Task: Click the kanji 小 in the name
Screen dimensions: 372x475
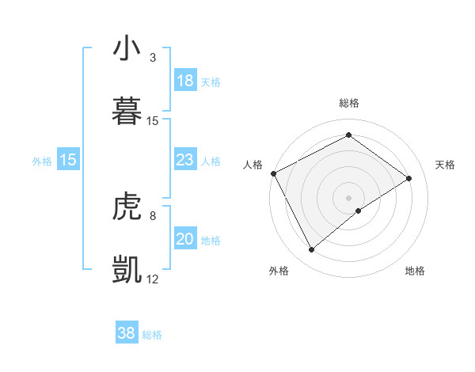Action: pyautogui.click(x=127, y=50)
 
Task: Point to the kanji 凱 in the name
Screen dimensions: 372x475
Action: pyautogui.click(x=127, y=270)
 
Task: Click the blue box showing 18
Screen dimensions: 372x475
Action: pyautogui.click(x=185, y=81)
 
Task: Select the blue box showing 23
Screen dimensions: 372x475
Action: pyautogui.click(x=185, y=161)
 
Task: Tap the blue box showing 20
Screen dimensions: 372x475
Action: pyautogui.click(x=185, y=240)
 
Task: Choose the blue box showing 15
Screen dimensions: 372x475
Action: pyautogui.click(x=68, y=161)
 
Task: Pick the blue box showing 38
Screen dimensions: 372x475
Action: pyautogui.click(x=127, y=333)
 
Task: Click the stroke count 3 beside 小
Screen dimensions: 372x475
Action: pyautogui.click(x=153, y=58)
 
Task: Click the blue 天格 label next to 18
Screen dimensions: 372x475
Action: pyautogui.click(x=211, y=82)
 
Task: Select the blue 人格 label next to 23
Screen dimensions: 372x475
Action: pyautogui.click(x=211, y=161)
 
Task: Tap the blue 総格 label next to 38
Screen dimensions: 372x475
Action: pyautogui.click(x=152, y=334)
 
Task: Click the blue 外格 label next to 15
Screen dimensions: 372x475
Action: pyautogui.click(x=42, y=161)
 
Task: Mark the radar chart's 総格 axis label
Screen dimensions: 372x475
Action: pyautogui.click(x=348, y=103)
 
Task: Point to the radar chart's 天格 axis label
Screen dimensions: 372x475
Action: pyautogui.click(x=446, y=165)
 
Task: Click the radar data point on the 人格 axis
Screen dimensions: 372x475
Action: pyautogui.click(x=273, y=173)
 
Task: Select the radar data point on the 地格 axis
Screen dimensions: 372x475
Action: pyautogui.click(x=359, y=211)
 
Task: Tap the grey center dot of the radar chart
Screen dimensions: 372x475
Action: pyautogui.click(x=348, y=197)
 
